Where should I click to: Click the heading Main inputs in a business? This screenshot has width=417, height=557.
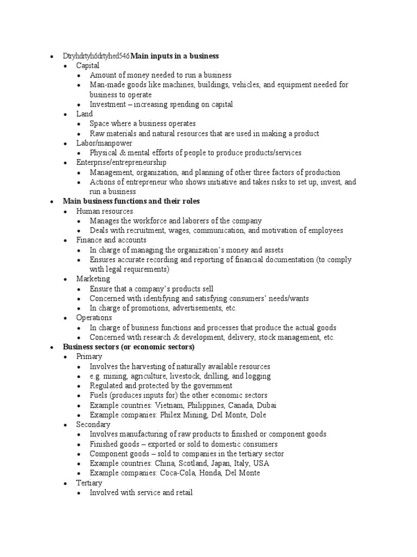point(175,55)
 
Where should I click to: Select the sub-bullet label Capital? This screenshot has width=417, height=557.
point(87,65)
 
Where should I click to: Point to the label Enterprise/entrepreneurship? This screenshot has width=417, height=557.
point(121,163)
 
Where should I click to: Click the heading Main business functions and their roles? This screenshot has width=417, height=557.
point(131,201)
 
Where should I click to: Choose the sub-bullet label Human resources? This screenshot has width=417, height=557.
point(104,211)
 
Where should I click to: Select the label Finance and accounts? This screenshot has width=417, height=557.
point(111,240)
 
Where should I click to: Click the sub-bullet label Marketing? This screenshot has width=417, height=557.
point(93,279)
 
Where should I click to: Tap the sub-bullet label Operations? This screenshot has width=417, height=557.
point(94,318)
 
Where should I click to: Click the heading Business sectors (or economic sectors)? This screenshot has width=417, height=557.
point(129,346)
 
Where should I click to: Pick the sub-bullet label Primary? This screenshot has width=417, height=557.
point(89,356)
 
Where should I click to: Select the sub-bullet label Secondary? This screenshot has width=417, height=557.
point(93,424)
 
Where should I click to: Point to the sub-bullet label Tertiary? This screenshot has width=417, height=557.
point(89,483)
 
